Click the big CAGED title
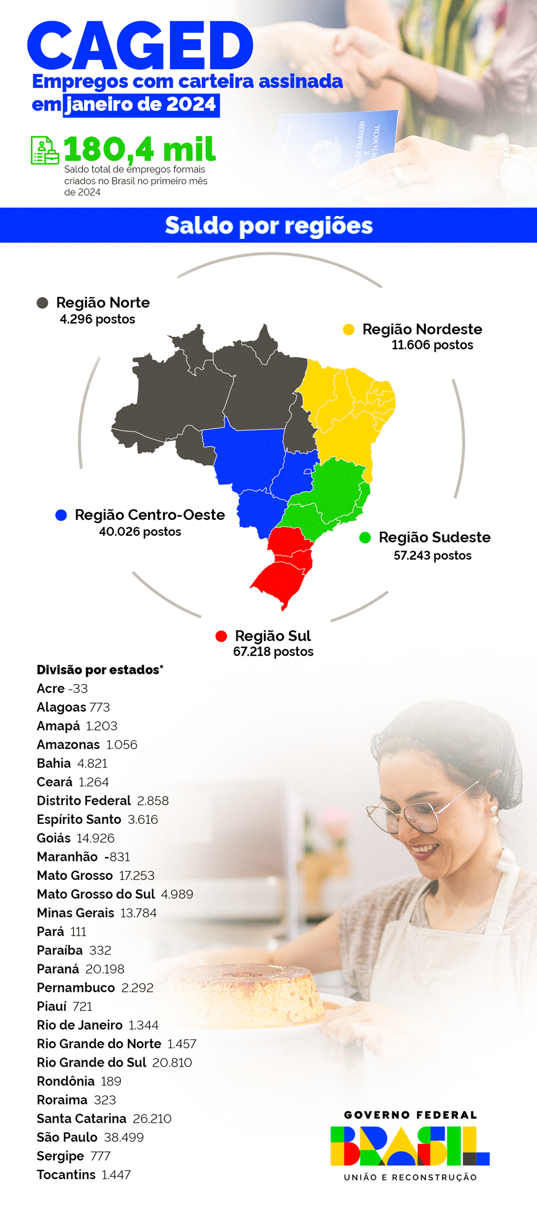coord(140,46)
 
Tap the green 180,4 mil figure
coord(140,149)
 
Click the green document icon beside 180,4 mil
coord(45,150)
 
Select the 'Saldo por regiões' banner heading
coord(268,225)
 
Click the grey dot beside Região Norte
coord(43,303)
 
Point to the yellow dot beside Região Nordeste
coord(349,330)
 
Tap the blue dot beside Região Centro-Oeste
coord(61,515)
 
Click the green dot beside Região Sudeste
coord(365,538)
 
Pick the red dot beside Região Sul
coord(221,636)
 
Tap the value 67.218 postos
coord(273,652)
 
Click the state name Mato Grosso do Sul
coord(96,894)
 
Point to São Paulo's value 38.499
coord(124,1137)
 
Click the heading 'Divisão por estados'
coord(99,670)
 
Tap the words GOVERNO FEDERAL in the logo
coord(410,1115)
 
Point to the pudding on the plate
coord(249,991)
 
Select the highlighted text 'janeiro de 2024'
coord(141,105)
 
